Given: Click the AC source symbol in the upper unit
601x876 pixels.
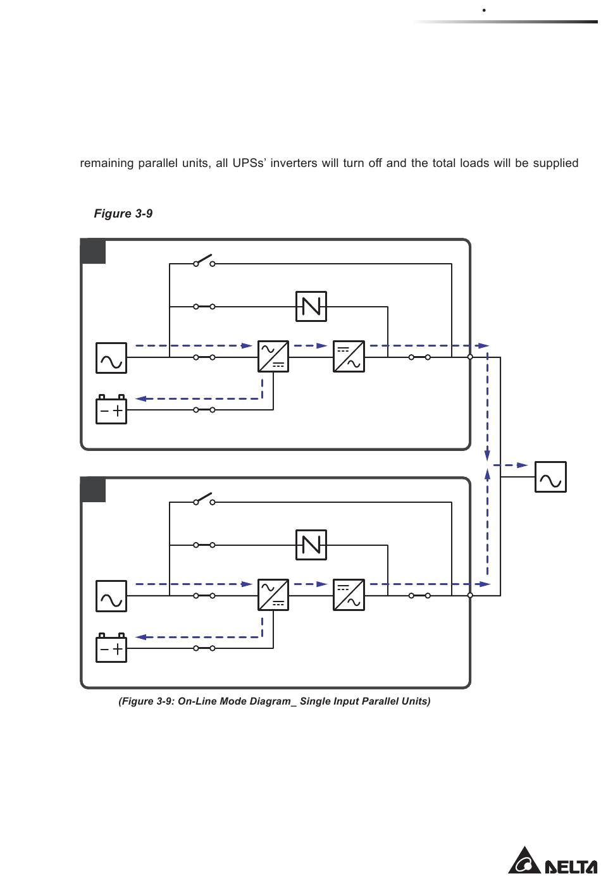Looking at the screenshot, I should (x=111, y=358).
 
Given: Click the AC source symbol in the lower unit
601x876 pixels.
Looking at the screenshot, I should (x=111, y=596).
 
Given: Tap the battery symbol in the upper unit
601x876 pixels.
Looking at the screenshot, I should (x=111, y=410).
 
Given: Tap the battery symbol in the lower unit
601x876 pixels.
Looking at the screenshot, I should (x=111, y=648).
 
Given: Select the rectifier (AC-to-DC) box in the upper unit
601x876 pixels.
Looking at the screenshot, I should (x=273, y=357).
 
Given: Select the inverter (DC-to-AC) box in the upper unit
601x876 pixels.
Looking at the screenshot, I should (x=349, y=357).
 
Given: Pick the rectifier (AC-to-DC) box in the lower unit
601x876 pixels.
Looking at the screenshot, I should (x=273, y=595).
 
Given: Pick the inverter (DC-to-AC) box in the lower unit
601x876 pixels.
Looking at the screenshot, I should (x=349, y=595).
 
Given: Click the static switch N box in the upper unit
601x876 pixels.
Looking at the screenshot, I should (x=311, y=307).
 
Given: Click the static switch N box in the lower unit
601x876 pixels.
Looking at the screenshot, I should (x=311, y=545).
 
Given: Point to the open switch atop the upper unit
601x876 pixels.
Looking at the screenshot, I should (x=204, y=261).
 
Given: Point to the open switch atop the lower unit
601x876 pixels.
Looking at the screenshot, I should (x=204, y=499).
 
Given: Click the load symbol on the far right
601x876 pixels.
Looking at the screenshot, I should (x=550, y=477).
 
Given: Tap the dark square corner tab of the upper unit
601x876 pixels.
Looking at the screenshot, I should (x=94, y=252).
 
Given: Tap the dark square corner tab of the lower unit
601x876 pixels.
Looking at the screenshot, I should (x=94, y=490).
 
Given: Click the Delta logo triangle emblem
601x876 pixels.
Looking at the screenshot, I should (x=524, y=861).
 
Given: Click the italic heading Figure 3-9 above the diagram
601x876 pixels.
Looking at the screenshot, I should (x=123, y=214).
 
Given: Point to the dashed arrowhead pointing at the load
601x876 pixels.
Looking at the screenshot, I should (x=522, y=465).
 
